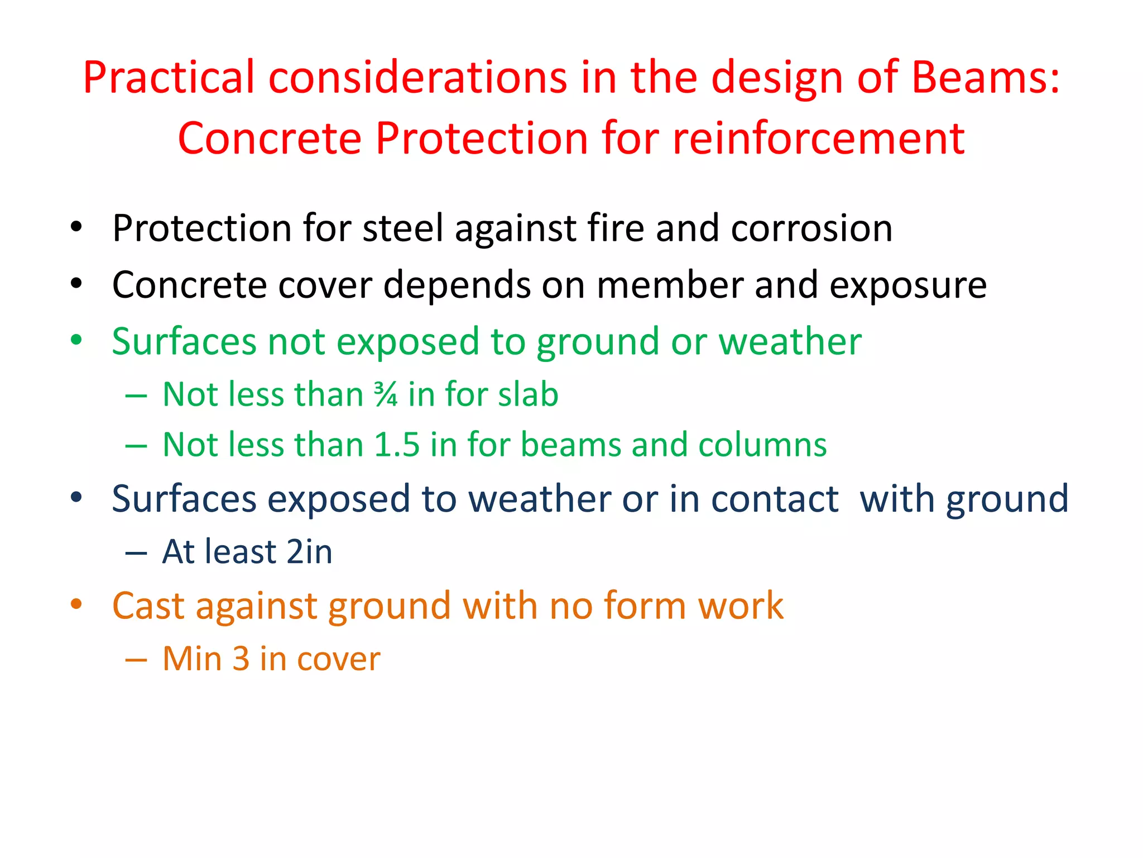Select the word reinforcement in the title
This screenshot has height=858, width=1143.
pos(819,138)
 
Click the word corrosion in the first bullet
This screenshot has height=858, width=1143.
pos(811,228)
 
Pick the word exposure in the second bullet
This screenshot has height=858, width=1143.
pos(908,285)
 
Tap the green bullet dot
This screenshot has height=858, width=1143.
pos(76,340)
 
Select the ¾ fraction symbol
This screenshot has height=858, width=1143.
pos(386,394)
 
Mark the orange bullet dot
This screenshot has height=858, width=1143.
pos(76,604)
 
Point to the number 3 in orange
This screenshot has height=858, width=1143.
pos(241,659)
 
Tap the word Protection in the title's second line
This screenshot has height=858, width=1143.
pos(481,138)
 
